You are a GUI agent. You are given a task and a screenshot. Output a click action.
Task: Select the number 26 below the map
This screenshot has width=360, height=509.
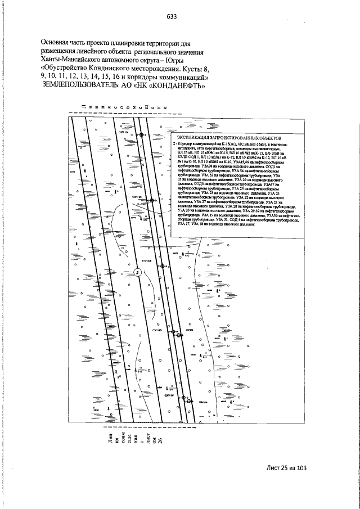pos(159,440)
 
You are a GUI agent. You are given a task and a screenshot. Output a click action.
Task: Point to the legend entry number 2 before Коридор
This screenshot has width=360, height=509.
pos(175,144)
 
